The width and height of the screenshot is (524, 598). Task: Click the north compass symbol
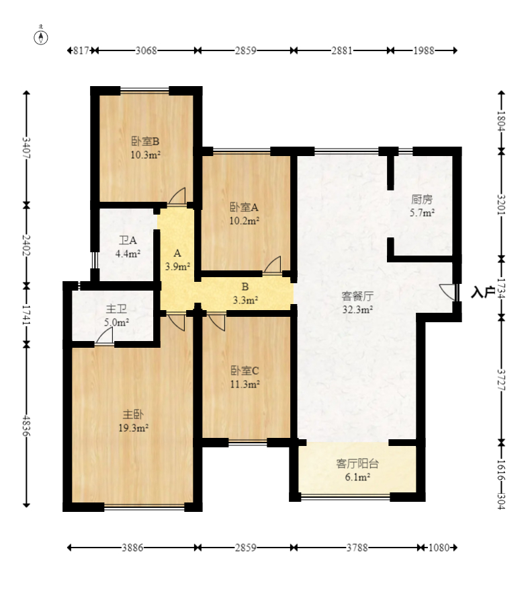41,38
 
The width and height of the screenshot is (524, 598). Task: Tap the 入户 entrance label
483,292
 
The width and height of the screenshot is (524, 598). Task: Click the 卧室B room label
145,141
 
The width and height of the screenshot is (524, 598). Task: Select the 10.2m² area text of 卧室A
245,221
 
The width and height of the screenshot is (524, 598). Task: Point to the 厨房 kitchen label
422,199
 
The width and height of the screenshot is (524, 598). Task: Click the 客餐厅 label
357,296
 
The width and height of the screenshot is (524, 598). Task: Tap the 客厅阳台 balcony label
357,463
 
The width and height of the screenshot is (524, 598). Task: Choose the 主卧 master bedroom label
133,414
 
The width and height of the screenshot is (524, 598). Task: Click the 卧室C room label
245,371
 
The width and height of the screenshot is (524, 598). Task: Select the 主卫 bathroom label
116,309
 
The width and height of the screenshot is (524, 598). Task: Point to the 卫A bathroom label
128,240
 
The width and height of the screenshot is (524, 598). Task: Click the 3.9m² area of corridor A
177,266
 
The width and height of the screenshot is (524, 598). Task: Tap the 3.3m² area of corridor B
245,300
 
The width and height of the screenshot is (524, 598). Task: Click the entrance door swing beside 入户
448,292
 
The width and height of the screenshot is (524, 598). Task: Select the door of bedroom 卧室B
177,197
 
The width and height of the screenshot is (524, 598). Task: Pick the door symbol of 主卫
104,336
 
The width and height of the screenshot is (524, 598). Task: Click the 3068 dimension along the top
146,50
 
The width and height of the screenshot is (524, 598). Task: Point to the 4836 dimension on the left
26,426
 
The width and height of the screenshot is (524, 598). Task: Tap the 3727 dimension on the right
501,380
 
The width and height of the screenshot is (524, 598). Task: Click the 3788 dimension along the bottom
357,548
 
